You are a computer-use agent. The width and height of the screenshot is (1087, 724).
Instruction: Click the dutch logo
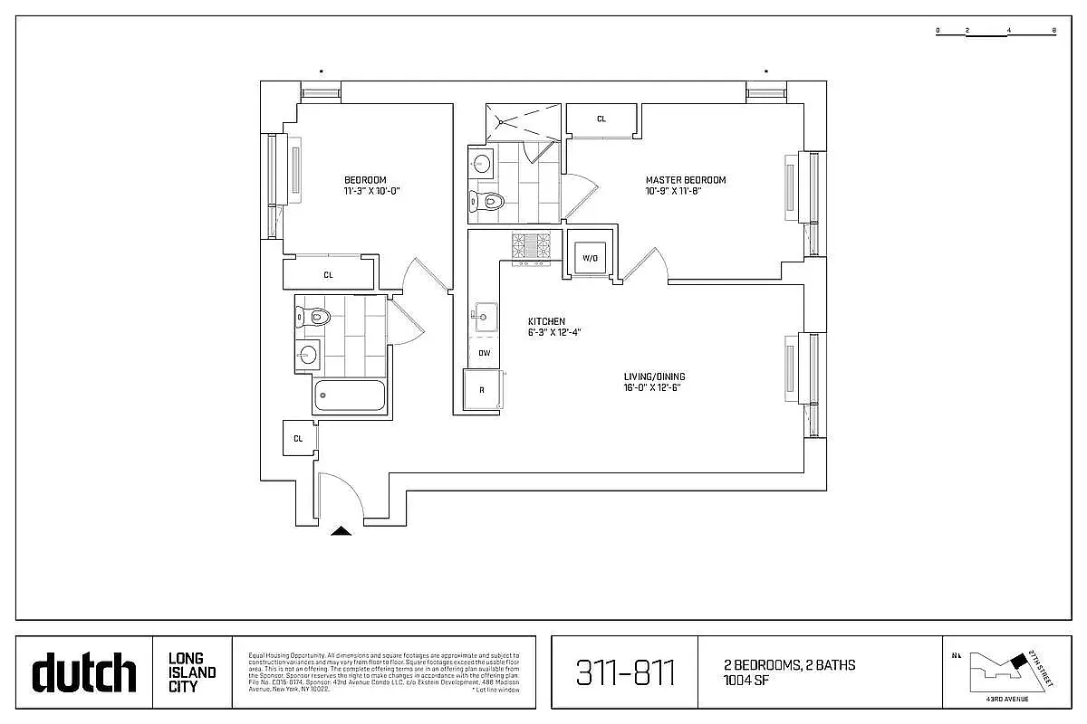(84, 673)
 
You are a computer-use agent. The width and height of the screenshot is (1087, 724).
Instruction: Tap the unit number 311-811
(625, 673)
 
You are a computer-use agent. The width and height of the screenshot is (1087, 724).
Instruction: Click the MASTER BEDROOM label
(685, 180)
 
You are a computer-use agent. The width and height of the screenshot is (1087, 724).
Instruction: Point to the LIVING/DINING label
(654, 376)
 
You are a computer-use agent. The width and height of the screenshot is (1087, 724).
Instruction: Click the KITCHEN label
(547, 321)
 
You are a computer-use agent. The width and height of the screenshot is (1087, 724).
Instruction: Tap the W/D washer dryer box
(590, 257)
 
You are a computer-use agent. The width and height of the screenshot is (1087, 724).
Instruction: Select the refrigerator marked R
(482, 390)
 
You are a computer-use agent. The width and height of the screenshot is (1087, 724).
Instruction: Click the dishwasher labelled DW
(484, 353)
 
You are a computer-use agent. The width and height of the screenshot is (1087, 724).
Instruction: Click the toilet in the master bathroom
(488, 200)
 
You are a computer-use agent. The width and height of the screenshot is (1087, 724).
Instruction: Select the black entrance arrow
(341, 531)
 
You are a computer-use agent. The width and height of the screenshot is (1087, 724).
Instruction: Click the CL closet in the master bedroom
(601, 119)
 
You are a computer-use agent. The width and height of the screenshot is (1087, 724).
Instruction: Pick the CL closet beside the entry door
(297, 438)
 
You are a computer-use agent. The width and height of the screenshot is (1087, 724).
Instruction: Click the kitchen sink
(483, 316)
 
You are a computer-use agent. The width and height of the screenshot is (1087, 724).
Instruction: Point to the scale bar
(996, 32)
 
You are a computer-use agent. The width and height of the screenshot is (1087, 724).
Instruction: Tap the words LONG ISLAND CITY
(192, 672)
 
